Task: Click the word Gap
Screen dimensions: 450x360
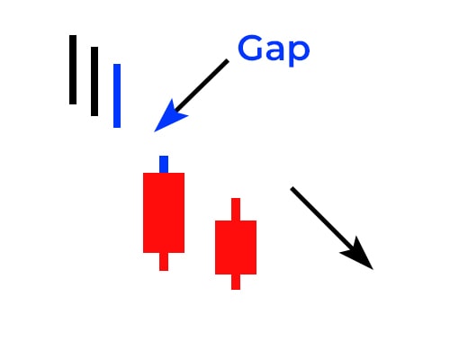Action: [274, 49]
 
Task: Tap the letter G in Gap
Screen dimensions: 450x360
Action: [249, 48]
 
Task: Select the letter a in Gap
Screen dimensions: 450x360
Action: [274, 50]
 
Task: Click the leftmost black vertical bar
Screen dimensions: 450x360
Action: [73, 69]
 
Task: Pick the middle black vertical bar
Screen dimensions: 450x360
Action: [94, 81]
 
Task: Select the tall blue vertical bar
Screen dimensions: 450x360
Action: [117, 95]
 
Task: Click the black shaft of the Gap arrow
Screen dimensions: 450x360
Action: [202, 85]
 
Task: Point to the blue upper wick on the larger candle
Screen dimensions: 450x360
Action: [164, 164]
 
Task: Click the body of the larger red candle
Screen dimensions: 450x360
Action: [164, 212]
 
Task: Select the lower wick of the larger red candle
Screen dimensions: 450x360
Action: [164, 262]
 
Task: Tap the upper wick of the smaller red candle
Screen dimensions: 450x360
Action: [236, 209]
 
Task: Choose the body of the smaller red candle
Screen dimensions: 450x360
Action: [236, 247]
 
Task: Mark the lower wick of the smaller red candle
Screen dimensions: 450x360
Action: [236, 282]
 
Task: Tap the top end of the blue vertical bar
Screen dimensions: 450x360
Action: [117, 64]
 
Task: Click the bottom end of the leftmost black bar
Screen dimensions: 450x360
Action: [73, 104]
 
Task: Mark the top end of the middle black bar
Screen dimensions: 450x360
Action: [94, 47]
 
